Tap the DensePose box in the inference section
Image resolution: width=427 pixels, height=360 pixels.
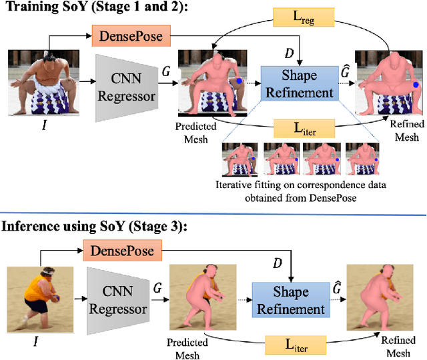pyautogui.click(x=121, y=251)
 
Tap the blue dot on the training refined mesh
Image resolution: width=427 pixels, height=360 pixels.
pyautogui.click(x=414, y=85)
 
